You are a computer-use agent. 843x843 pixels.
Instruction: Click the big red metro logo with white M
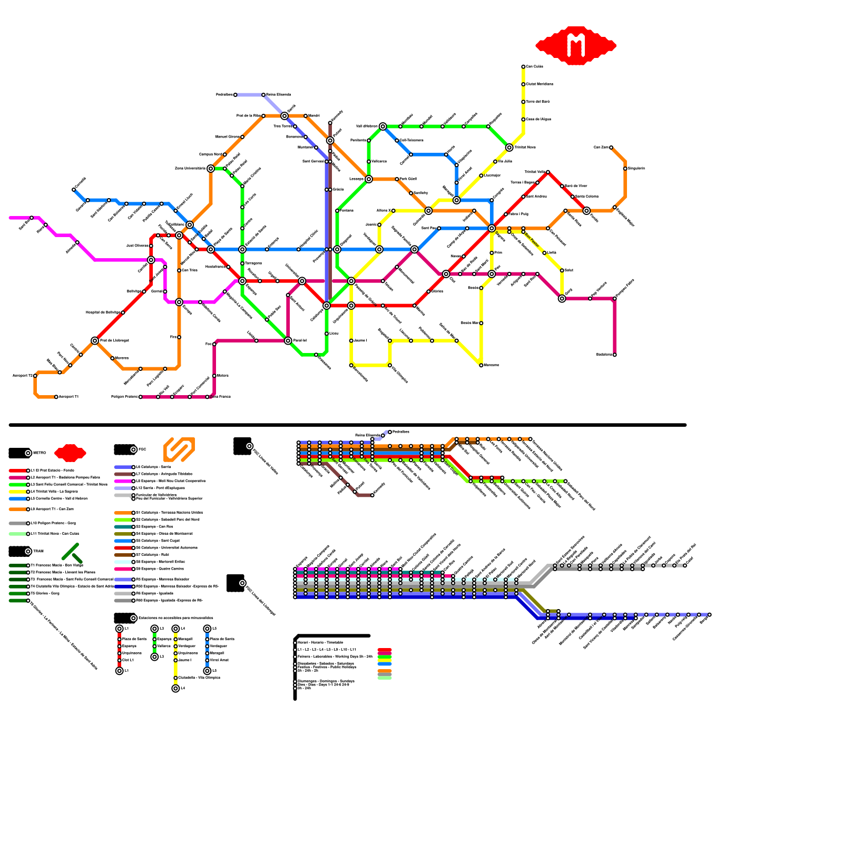point(576,46)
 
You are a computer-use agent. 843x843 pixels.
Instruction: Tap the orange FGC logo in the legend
point(179,449)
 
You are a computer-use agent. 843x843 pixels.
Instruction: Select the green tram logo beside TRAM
point(72,552)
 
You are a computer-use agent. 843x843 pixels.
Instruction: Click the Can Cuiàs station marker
point(523,66)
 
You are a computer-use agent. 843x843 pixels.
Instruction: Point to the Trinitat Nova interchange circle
point(509,148)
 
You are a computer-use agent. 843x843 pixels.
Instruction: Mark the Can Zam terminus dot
point(611,148)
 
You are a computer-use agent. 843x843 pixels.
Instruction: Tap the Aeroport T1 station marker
point(56,397)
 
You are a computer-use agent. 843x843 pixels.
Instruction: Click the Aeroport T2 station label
point(22,376)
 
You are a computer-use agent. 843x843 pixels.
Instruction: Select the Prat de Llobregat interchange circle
point(95,341)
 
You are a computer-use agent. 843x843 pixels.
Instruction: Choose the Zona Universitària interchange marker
point(211,169)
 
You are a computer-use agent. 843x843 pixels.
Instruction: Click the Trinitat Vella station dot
point(548,172)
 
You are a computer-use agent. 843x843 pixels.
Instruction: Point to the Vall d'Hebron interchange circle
point(383,126)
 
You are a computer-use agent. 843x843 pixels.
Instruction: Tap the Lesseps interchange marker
point(369,179)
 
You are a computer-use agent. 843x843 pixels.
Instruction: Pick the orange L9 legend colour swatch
point(18,509)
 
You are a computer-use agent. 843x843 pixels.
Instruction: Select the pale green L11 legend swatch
point(18,534)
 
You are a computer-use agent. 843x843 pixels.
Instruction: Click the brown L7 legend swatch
point(123,474)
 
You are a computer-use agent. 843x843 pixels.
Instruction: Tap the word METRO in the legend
point(40,453)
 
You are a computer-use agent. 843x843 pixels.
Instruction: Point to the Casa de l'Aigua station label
point(538,119)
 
